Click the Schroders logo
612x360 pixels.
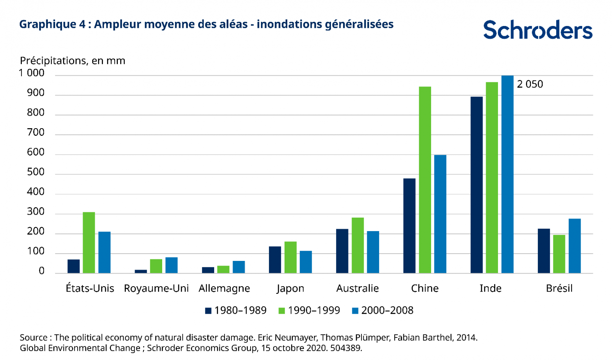537,30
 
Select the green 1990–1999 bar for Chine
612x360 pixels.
425,180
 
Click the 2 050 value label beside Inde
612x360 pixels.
530,84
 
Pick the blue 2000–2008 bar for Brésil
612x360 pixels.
575,246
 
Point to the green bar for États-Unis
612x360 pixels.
89,243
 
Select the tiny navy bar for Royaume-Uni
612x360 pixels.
141,271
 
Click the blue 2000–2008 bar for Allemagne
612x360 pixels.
239,267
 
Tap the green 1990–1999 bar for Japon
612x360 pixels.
290,257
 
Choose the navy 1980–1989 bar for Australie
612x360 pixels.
342,251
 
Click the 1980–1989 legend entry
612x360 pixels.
236,310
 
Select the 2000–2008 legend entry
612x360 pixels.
382,310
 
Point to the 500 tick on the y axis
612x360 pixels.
36,172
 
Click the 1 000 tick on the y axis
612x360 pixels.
32,73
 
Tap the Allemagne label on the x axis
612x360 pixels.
224,288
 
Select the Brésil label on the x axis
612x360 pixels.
559,288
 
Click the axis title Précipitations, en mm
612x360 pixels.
73,61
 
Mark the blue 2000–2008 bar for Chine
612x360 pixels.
440,214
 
